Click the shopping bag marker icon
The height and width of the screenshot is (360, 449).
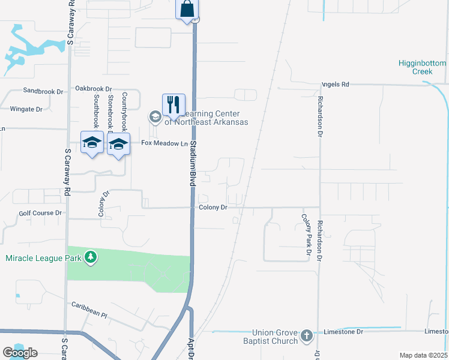187,10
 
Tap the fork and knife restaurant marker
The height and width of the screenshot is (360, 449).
173,104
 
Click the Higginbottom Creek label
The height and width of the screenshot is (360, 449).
423,67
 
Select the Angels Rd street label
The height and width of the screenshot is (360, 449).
336,85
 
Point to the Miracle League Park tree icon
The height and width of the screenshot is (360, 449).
91,258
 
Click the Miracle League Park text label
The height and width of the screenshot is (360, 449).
44,259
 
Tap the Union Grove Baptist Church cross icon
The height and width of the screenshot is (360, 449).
307,336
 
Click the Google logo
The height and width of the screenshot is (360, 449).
20,353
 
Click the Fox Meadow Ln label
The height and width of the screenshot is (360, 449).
162,143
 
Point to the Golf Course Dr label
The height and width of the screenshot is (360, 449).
40,213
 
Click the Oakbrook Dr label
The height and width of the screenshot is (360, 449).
93,88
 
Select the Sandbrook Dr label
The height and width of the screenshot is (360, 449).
43,91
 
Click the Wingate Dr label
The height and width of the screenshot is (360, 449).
26,109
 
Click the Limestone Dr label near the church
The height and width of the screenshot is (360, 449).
343,331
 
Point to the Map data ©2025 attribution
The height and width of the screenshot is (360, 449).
423,355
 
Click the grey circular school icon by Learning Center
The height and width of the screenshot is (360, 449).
155,116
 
